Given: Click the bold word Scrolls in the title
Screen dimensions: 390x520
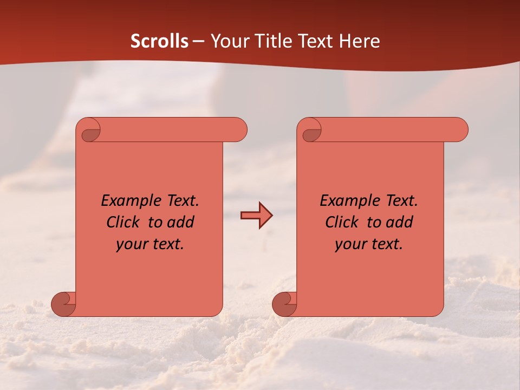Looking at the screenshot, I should [159, 41].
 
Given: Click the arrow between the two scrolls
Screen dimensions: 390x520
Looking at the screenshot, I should [256, 216].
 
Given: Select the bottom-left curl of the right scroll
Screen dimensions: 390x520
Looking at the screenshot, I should [285, 303].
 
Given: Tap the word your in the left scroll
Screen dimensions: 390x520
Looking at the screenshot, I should [132, 244].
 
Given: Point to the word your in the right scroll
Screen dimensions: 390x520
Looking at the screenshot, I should [351, 244].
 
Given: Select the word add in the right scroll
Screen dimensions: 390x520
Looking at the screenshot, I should [400, 222].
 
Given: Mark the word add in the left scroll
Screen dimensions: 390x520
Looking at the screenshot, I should [181, 222].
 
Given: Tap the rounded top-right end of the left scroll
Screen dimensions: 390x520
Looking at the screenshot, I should [238, 130].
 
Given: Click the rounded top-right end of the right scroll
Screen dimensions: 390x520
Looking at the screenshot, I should [459, 130].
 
